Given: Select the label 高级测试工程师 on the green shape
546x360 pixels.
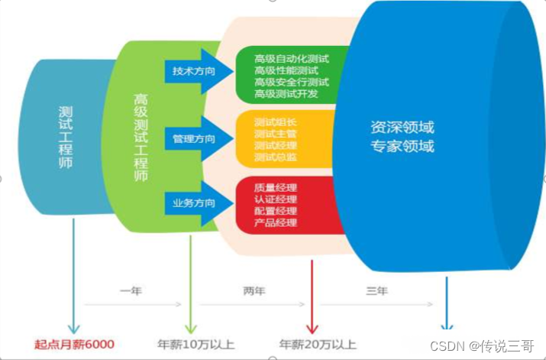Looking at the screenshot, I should coord(141,138).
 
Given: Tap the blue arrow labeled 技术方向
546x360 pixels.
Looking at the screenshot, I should coord(192,71).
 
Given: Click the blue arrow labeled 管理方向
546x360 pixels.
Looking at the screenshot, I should coord(192,139).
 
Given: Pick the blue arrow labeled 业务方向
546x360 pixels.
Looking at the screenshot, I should coord(192,203).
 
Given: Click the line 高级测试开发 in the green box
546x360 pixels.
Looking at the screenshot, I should coord(286,93).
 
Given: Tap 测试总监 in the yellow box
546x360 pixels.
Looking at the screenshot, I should coord(275,157).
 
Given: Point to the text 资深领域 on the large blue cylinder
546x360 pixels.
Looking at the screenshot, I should coord(402,127).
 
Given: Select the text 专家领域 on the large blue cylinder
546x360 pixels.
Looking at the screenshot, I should coord(402,146).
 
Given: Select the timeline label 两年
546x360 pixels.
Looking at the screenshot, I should coord(254,291).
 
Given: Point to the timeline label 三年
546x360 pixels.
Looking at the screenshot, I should coord(377,291).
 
